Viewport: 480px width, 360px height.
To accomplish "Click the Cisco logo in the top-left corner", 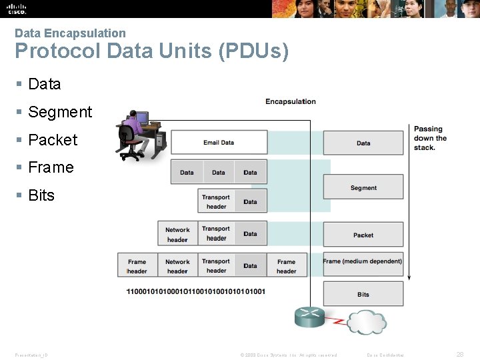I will click(17, 9).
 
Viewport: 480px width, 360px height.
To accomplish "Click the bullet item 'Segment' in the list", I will click(59, 112).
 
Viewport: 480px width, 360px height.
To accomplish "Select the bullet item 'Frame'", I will click(51, 167).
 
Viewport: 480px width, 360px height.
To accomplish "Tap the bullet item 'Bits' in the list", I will click(41, 195).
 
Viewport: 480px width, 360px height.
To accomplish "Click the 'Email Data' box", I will click(219, 143).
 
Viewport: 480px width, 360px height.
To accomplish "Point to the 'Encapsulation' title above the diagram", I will click(290, 101).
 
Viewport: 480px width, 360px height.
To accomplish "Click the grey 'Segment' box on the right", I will click(363, 187).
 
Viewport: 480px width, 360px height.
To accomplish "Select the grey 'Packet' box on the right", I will click(363, 235).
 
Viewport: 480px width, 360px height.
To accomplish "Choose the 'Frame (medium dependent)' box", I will click(363, 262).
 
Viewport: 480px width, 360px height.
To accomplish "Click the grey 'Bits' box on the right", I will click(363, 294).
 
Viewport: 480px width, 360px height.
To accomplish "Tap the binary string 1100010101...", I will click(195, 291).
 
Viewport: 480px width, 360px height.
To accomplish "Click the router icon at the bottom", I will click(309, 317).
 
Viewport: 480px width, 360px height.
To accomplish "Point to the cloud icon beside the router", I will click(367, 323).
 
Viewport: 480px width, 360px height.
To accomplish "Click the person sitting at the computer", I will click(134, 130).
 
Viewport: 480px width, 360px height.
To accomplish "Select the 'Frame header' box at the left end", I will click(137, 265).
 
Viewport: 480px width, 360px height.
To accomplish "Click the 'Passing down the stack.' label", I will click(430, 138).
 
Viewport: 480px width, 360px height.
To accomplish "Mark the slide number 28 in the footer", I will click(459, 355).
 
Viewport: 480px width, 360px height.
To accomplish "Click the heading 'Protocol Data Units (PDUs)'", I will click(151, 51).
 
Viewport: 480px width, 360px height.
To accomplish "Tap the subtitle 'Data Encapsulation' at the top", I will click(70, 33).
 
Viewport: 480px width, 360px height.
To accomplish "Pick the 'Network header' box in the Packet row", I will click(177, 234).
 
